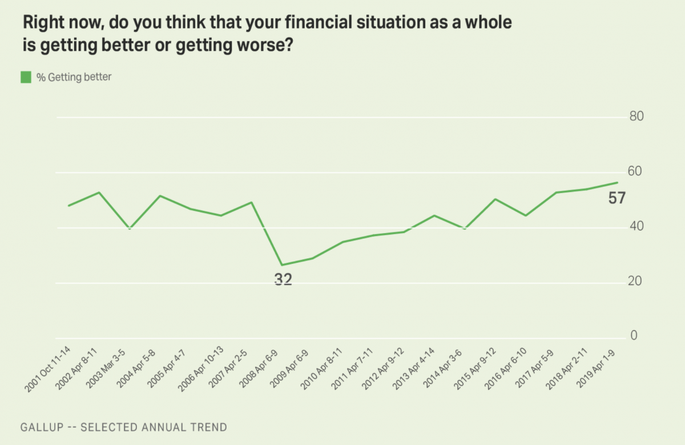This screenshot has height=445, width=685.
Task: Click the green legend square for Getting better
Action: click(x=26, y=77)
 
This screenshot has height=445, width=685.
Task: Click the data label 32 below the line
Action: click(x=283, y=280)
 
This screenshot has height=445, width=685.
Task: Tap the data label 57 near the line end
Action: click(x=616, y=199)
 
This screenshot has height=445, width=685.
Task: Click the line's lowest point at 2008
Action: click(x=282, y=265)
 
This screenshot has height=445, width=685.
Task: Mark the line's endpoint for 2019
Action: click(x=618, y=183)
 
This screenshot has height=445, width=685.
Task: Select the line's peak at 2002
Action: click(x=99, y=193)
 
